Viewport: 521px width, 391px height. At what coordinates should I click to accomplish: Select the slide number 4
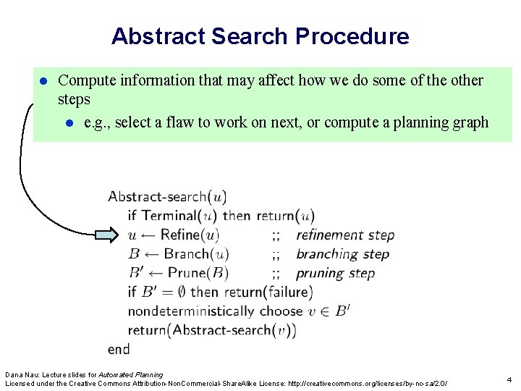pos(509,379)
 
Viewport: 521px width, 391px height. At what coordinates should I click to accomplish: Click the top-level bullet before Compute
pos(43,80)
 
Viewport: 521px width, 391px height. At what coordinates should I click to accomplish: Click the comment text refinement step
pos(345,235)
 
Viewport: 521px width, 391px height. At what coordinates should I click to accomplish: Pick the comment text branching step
pos(342,254)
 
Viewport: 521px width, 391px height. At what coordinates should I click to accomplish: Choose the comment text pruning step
pos(335,273)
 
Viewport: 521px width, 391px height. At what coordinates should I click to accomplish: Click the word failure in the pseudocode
pos(287,292)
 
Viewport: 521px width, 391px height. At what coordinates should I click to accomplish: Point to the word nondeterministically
pos(190,311)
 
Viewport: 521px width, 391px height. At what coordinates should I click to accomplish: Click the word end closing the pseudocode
pos(119,349)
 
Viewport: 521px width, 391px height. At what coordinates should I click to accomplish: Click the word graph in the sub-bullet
pos(470,122)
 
